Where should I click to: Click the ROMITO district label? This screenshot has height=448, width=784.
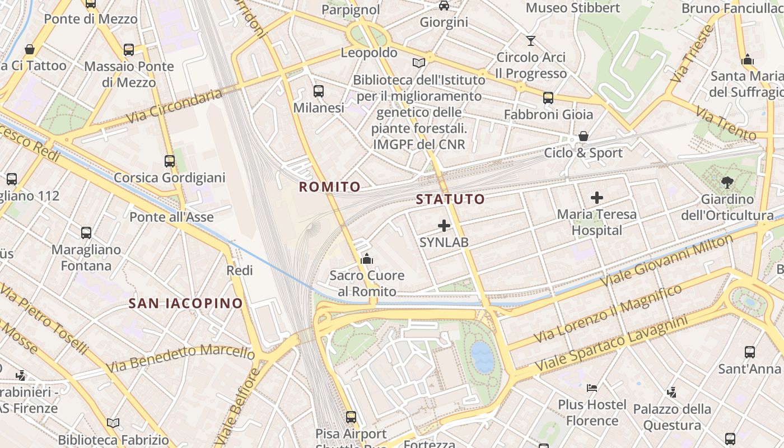click(329, 187)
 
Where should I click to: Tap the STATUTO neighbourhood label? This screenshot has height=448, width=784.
click(450, 199)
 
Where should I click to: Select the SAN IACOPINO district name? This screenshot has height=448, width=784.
click(186, 304)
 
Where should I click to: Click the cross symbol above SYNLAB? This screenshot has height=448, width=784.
click(444, 226)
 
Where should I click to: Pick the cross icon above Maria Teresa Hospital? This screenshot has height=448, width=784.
click(597, 198)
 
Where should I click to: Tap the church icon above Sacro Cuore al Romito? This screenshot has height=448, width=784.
click(367, 259)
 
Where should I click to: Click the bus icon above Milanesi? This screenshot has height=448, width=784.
click(319, 91)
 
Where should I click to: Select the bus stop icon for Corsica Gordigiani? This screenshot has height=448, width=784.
click(170, 161)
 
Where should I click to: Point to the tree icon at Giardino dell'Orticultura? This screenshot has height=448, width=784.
click(727, 182)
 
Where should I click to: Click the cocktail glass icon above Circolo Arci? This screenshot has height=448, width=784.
click(531, 40)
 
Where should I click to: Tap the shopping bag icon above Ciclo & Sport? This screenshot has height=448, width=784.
click(584, 136)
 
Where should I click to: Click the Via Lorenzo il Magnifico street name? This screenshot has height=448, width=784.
click(608, 314)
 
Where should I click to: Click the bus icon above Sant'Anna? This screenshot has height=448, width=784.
click(750, 352)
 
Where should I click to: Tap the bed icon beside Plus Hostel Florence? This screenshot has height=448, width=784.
click(592, 388)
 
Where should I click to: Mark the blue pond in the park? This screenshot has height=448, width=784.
click(482, 357)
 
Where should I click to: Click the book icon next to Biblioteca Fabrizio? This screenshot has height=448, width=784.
click(113, 423)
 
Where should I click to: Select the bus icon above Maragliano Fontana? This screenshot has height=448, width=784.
click(86, 233)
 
